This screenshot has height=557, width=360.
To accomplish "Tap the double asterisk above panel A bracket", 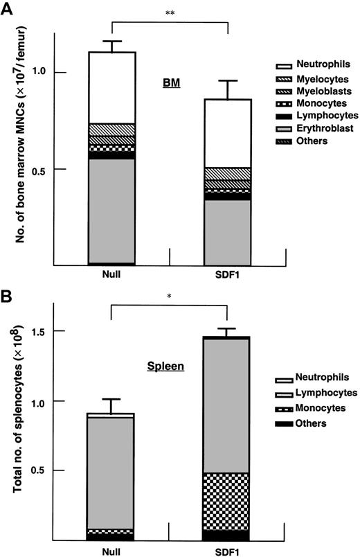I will click(x=170, y=13).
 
